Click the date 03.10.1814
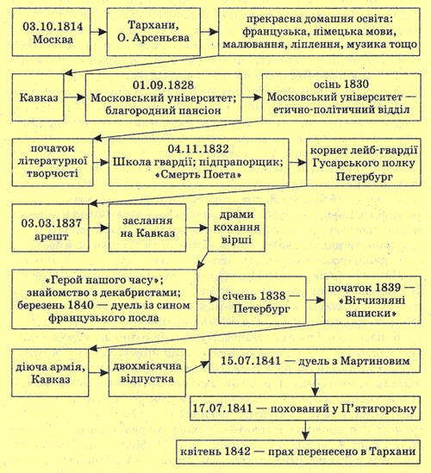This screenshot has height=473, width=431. [x=53, y=26]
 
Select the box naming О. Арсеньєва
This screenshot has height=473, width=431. [x=153, y=32]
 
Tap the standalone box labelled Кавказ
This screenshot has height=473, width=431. [x=38, y=97]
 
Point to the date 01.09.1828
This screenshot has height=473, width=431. [x=163, y=85]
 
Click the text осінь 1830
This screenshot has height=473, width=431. [x=341, y=84]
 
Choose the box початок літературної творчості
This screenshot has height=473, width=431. [x=53, y=162]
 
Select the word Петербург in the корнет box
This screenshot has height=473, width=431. [x=364, y=177]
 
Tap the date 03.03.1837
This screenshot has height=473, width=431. [x=51, y=223]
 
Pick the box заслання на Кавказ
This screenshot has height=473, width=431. [x=147, y=227]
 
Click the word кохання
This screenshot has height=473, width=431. [x=236, y=227]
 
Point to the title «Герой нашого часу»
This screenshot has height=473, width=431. [x=102, y=280]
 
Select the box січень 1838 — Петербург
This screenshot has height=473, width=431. [x=262, y=300]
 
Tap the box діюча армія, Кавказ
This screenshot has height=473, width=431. [x=50, y=373]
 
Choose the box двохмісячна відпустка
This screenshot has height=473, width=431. [x=147, y=373]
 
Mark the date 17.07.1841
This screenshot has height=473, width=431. [x=222, y=408]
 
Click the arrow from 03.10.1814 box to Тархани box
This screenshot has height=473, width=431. [x=98, y=32]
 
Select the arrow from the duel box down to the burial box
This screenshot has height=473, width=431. [x=315, y=384]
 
